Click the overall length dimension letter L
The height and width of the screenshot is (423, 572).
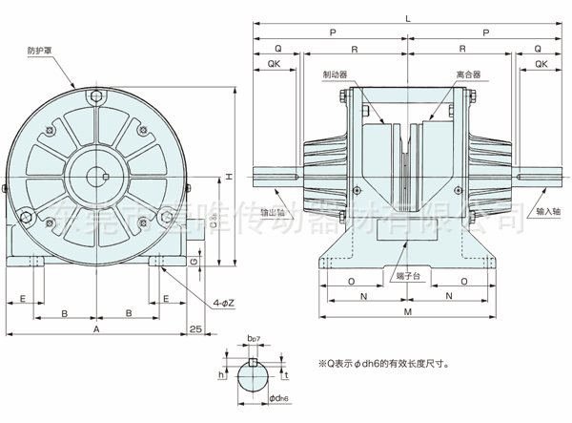tap(407, 19)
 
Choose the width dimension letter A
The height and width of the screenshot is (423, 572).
tap(97, 328)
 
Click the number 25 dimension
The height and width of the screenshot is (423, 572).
tap(196, 328)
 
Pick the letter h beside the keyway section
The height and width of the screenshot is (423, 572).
tap(220, 376)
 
